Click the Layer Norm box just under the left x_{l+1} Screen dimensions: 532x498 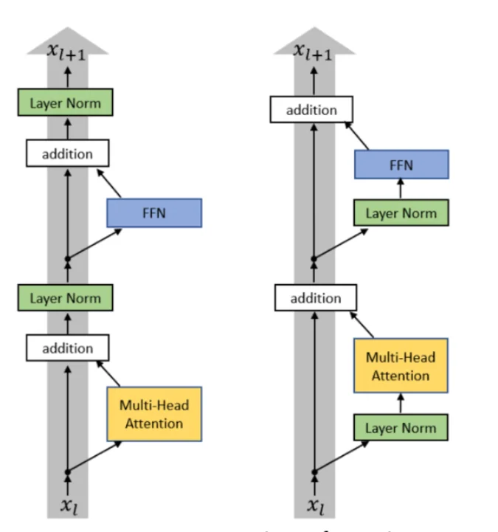(x=65, y=103)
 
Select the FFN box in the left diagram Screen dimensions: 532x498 (x=154, y=213)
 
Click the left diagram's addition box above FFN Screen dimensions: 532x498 (x=68, y=154)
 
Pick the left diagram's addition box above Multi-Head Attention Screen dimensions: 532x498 (x=68, y=348)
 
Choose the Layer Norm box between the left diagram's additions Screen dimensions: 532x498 (x=65, y=298)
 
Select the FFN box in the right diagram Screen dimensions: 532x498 (x=401, y=165)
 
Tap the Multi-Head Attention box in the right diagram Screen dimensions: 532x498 (x=401, y=367)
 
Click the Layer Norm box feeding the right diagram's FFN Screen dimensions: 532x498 (x=401, y=213)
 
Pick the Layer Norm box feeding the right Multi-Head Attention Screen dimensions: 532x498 (x=401, y=428)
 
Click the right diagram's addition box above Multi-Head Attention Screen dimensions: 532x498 (x=316, y=298)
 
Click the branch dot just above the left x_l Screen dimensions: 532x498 (x=68, y=471)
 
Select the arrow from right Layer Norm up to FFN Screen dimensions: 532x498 (x=401, y=190)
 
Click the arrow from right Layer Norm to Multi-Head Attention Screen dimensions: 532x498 (x=401, y=403)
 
